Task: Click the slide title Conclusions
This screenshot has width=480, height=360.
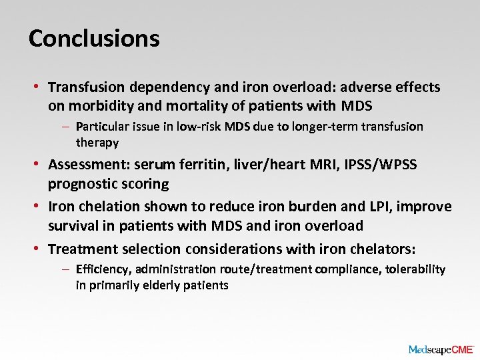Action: click(94, 38)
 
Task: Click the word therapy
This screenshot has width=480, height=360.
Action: click(97, 142)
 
